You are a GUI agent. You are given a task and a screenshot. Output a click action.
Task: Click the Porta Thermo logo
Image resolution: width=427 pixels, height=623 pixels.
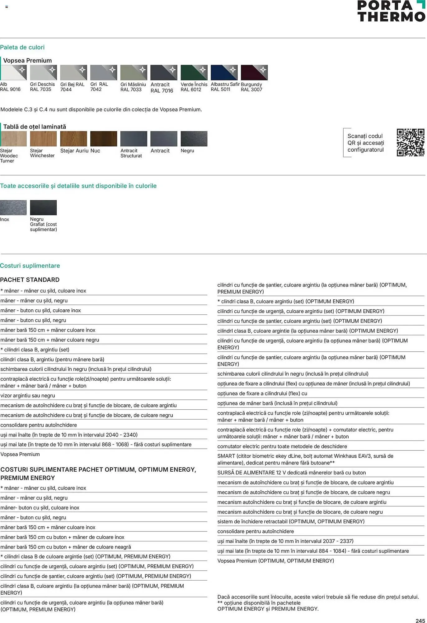click(x=391, y=11)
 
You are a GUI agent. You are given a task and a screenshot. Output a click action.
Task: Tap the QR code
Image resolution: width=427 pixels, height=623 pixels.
click(x=410, y=142)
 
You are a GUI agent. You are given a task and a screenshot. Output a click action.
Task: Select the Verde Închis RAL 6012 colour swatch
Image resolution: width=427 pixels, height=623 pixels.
click(x=194, y=73)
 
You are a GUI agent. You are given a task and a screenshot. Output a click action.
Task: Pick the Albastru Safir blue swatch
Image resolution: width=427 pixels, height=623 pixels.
click(x=224, y=73)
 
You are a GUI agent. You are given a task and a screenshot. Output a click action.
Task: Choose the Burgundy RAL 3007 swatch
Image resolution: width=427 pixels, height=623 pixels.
click(x=254, y=73)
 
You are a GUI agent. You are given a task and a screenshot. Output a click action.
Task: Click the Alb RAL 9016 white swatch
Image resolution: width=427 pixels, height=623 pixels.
click(x=13, y=73)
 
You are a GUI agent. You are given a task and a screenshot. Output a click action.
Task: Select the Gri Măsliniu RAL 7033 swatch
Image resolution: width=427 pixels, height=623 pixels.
click(x=134, y=73)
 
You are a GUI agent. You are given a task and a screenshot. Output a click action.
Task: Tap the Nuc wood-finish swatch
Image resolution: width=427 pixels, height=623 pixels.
click(x=104, y=139)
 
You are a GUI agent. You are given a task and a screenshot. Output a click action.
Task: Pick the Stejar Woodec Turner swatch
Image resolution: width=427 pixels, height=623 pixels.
click(x=13, y=139)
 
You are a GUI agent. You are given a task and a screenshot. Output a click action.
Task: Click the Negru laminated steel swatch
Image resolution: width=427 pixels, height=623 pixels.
click(x=194, y=139)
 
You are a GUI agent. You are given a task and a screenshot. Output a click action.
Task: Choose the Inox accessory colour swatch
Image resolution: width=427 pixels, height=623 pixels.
click(x=13, y=207)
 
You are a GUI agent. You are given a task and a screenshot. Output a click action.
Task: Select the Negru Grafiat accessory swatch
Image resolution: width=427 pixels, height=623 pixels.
click(x=43, y=207)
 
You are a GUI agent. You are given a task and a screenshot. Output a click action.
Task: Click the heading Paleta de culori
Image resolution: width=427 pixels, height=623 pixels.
click(x=22, y=47)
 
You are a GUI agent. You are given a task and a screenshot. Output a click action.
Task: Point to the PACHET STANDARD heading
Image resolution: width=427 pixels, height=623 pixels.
click(x=30, y=280)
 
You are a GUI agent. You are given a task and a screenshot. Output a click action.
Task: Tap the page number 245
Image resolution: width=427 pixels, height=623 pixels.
click(x=420, y=621)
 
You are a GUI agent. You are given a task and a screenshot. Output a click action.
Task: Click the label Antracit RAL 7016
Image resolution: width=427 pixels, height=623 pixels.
click(x=162, y=88)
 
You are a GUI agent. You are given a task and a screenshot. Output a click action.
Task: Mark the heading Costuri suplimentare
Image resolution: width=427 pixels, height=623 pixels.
click(x=30, y=266)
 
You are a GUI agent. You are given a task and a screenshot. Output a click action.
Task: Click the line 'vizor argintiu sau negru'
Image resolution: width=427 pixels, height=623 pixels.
click(x=28, y=396)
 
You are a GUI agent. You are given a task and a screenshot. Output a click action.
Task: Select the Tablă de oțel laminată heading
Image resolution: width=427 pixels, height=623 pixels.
click(x=35, y=127)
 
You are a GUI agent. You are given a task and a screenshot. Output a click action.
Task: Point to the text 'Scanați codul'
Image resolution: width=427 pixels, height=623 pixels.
click(x=365, y=136)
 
